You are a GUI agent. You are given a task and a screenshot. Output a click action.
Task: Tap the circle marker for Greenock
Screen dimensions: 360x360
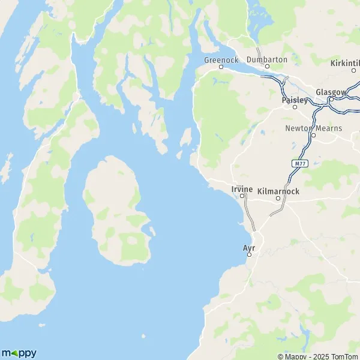pyautogui.click(x=220, y=67)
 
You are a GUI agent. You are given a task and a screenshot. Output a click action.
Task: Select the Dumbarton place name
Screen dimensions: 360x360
pyautogui.click(x=266, y=59)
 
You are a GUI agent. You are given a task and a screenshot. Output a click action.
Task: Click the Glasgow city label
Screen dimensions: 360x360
pyautogui.click(x=331, y=92)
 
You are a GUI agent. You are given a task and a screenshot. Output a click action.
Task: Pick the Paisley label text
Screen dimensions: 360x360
pyautogui.click(x=294, y=100)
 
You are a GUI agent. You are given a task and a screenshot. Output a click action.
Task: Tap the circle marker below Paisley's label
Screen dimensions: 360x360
pyautogui.click(x=295, y=107)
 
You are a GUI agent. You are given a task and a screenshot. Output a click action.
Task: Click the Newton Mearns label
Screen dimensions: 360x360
pyautogui.click(x=313, y=127)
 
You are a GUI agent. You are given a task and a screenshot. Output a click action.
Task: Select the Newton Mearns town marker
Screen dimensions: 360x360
pyautogui.click(x=313, y=135)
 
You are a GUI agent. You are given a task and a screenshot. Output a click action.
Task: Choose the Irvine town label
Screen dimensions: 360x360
pyautogui.click(x=242, y=189)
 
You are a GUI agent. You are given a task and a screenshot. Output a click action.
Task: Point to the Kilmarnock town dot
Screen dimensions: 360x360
pyautogui.click(x=278, y=197)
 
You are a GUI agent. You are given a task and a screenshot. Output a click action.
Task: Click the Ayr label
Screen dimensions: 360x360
pyautogui.click(x=249, y=247)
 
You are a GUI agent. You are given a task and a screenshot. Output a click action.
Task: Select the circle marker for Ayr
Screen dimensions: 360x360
pyautogui.click(x=249, y=255)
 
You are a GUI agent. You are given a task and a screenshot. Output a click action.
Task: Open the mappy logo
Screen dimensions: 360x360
pyautogui.click(x=19, y=353)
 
